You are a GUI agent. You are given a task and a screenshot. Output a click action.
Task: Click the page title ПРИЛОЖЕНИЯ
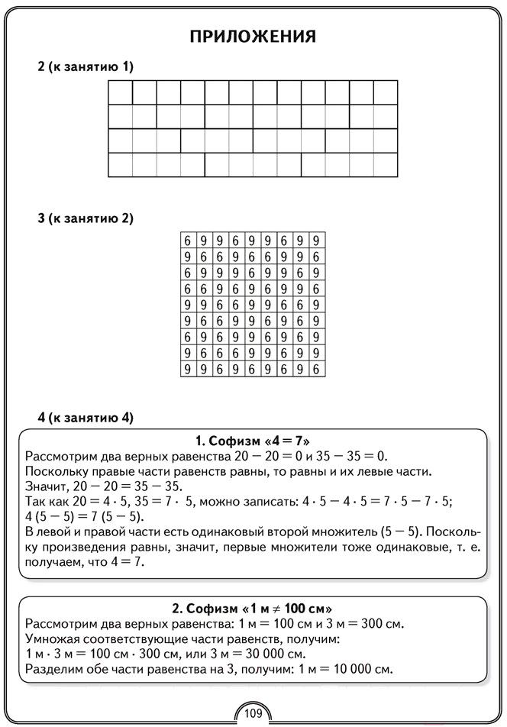click(x=253, y=37)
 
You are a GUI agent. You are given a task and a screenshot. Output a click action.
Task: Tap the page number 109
click(x=253, y=713)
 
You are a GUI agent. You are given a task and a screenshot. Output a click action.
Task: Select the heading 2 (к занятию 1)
click(x=86, y=67)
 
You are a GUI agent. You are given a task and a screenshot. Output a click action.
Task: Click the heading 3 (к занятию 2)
click(x=86, y=218)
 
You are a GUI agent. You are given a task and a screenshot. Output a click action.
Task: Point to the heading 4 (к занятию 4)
click(x=86, y=418)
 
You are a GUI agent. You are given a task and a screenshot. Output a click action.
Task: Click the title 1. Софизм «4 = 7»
click(x=253, y=441)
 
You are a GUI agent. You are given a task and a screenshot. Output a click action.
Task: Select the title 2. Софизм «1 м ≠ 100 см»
click(x=253, y=609)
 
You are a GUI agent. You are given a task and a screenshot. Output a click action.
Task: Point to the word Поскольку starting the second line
click(x=55, y=470)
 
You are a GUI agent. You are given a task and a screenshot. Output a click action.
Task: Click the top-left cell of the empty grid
click(x=121, y=92)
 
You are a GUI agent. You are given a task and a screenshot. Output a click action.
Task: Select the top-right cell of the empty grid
click(x=386, y=92)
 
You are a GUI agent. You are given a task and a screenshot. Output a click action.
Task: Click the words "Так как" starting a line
click(x=45, y=501)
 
